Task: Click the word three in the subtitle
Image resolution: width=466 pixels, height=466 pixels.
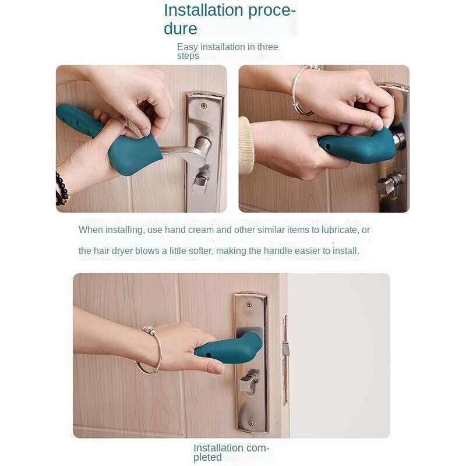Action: pos(267,47)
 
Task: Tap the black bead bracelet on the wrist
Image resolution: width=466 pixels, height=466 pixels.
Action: pos(62,189)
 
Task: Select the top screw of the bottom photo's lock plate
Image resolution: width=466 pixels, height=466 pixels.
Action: pos(249,304)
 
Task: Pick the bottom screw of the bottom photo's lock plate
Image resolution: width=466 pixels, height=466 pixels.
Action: pos(251,423)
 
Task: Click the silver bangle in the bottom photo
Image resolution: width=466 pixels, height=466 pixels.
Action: pos(150,351)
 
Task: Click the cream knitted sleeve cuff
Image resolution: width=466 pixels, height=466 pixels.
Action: pos(246,145)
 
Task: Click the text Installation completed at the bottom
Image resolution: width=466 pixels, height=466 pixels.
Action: pos(231,453)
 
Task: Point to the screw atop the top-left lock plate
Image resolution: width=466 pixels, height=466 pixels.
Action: pos(203,105)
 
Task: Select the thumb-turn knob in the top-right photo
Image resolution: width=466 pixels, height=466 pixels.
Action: pos(389,184)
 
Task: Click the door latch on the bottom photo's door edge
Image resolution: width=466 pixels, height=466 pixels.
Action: pos(285,351)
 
